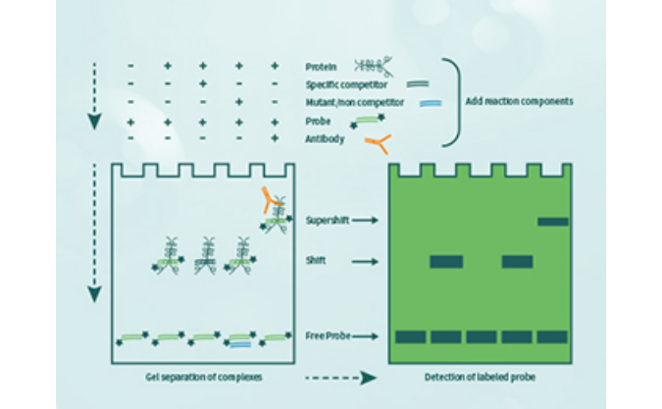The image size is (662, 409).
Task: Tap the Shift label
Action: tap(317, 261)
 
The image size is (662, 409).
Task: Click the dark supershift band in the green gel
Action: tap(553, 222)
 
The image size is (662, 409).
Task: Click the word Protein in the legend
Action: tap(322, 68)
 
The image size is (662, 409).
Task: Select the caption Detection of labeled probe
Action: tap(480, 376)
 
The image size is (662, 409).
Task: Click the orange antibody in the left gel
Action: tap(267, 201)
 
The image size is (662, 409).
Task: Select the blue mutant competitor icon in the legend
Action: tap(416, 103)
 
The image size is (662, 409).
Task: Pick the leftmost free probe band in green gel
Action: tap(410, 336)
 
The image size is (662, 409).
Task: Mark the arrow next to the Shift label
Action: tap(365, 261)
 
